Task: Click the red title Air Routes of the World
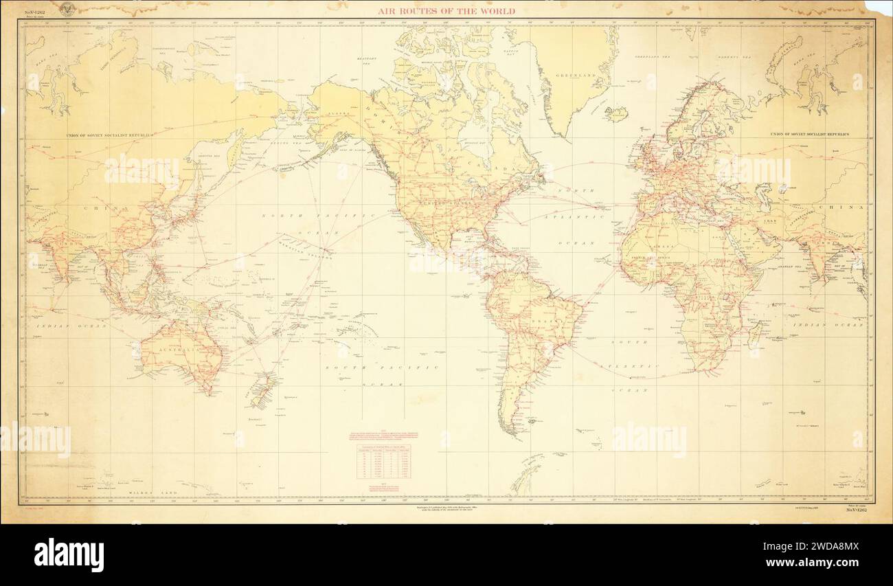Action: click(446, 11)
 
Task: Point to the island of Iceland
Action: click(616, 113)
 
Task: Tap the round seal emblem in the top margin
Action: click(67, 10)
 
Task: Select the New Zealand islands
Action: click(261, 390)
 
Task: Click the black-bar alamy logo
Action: click(69, 554)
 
